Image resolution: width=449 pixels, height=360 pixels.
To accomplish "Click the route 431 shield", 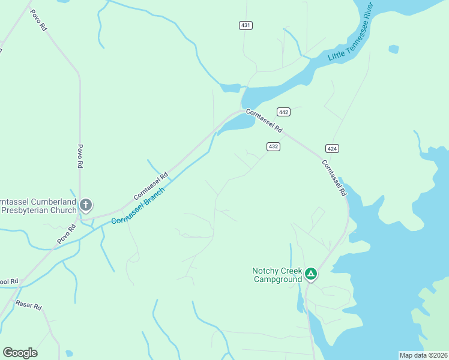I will pyautogui.click(x=245, y=25).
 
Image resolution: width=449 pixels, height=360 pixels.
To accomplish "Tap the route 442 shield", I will pyautogui.click(x=284, y=112).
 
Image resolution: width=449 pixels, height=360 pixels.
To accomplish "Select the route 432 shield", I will pyautogui.click(x=273, y=146).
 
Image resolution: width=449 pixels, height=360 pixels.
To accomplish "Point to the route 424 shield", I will pyautogui.click(x=332, y=148).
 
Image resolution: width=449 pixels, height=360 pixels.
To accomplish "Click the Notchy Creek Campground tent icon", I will pyautogui.click(x=310, y=274).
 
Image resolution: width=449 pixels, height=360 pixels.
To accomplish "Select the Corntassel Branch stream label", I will pyautogui.click(x=137, y=203).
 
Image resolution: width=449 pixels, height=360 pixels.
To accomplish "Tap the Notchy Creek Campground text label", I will pyautogui.click(x=277, y=275).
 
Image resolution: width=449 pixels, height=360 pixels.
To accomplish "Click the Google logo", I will pyautogui.click(x=20, y=353).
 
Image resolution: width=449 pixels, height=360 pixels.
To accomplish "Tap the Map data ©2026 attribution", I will pyautogui.click(x=423, y=355).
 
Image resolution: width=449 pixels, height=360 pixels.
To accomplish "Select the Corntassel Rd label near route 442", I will pyautogui.click(x=264, y=120).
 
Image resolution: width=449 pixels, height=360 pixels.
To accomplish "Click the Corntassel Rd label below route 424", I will pyautogui.click(x=334, y=178).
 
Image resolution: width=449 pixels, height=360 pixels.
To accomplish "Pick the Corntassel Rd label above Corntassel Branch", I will pyautogui.click(x=151, y=186).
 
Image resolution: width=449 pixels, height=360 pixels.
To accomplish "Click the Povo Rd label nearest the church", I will pyautogui.click(x=67, y=233).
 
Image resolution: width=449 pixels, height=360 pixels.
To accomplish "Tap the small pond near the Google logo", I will pyautogui.click(x=69, y=353).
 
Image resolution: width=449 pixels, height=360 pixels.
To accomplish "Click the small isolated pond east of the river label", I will pyautogui.click(x=393, y=49).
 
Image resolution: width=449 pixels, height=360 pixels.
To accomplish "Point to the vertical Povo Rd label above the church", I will pyautogui.click(x=80, y=156).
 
